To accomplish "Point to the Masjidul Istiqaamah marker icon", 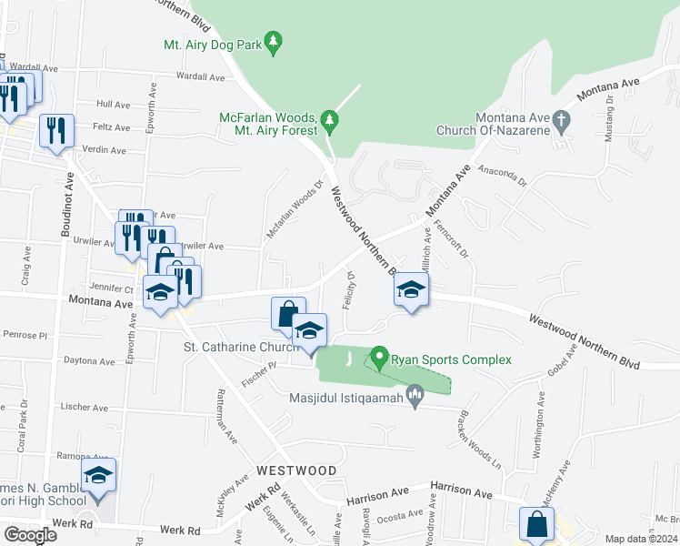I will coord(415,395).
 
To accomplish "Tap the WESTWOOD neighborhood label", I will coord(296,470).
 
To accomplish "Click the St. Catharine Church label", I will coord(242,347).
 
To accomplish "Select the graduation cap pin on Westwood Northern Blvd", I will coord(411,291).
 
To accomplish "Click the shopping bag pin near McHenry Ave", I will coord(536,524).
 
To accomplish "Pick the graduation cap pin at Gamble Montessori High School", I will coord(98,475).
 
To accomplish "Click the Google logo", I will coord(30,535).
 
